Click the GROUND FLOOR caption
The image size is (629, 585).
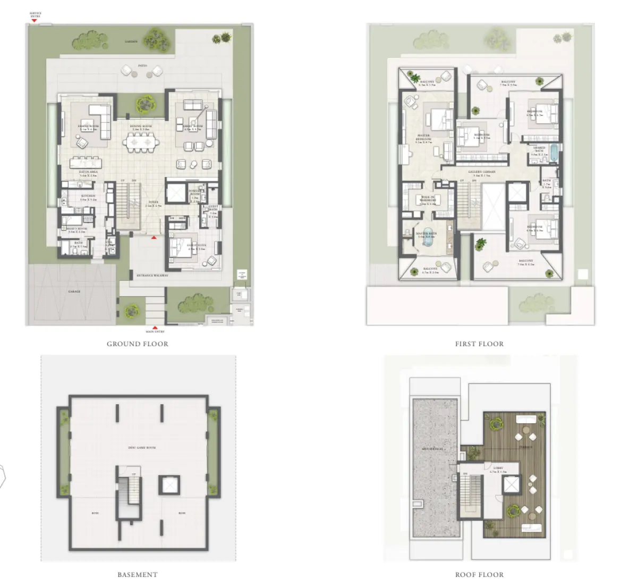(x=137, y=344)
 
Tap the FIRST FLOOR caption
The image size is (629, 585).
(x=479, y=344)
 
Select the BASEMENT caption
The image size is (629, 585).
(x=137, y=574)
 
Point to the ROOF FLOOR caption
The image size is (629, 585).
(x=479, y=574)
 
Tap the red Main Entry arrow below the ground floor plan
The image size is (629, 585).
(x=155, y=327)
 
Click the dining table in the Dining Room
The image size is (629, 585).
(x=142, y=142)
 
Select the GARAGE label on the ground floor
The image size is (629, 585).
(x=74, y=291)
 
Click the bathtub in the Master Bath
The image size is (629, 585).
(x=427, y=241)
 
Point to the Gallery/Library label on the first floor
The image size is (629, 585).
(x=481, y=172)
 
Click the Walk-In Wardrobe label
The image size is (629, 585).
(x=428, y=199)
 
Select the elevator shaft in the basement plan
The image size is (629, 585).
(x=168, y=486)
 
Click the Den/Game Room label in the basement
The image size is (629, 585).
(x=142, y=448)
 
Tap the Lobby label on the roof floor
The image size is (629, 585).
(x=498, y=469)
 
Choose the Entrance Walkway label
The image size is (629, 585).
(x=152, y=275)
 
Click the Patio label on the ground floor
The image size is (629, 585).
(x=142, y=66)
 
